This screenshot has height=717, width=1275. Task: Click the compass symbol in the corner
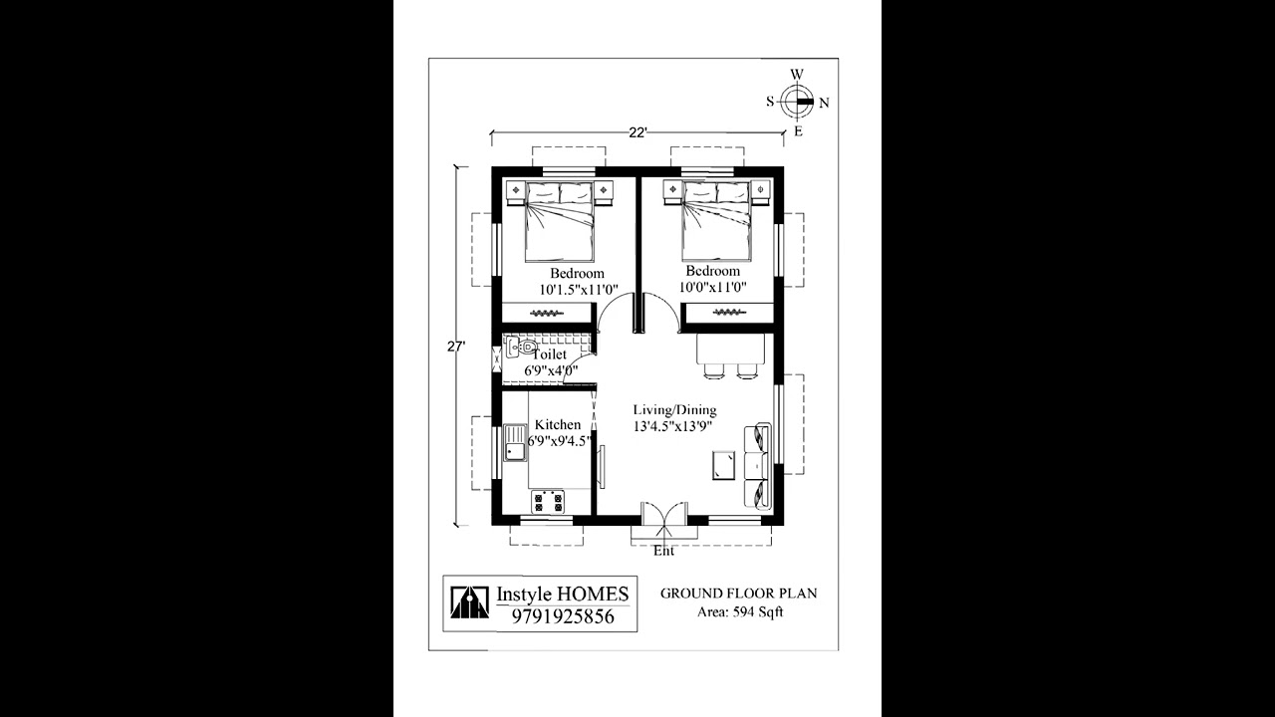[797, 101]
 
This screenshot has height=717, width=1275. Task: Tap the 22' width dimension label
[637, 131]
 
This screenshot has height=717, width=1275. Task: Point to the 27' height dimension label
[456, 347]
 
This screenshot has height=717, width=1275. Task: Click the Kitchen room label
[557, 425]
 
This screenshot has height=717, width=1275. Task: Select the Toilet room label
[550, 355]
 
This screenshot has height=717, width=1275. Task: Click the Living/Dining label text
[674, 410]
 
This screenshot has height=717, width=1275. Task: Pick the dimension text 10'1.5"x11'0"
[577, 289]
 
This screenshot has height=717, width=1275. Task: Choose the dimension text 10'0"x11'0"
[712, 287]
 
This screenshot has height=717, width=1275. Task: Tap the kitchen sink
[515, 442]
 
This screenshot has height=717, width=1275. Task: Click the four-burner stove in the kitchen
[547, 501]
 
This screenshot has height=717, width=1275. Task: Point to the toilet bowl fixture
[520, 348]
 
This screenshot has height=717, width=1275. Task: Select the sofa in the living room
[758, 466]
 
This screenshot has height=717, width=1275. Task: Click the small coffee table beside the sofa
[724, 466]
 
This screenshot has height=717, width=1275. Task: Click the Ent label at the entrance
[663, 551]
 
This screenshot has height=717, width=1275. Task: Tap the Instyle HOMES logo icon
[469, 601]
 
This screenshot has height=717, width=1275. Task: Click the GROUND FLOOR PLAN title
[738, 594]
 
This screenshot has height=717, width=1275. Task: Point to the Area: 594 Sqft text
[739, 611]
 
